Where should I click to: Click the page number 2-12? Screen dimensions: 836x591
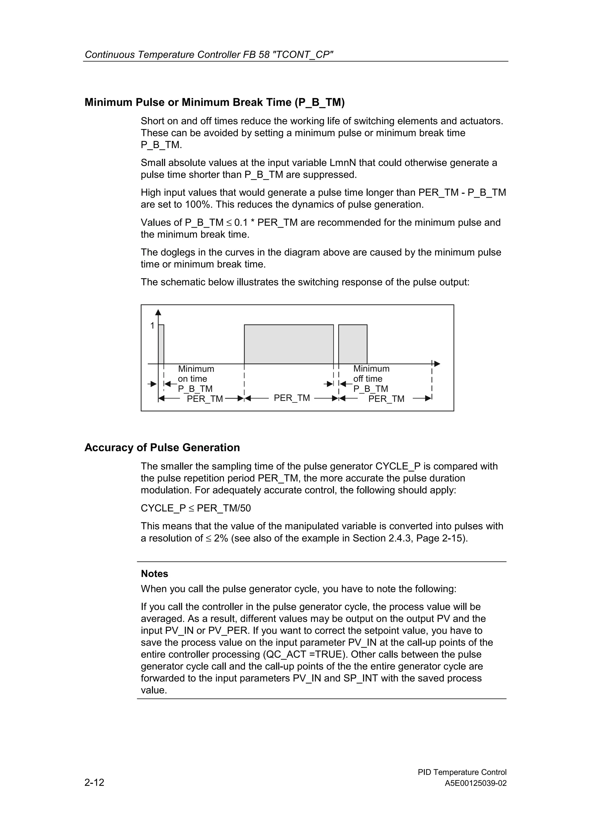point(94,782)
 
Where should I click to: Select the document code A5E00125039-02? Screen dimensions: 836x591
point(476,783)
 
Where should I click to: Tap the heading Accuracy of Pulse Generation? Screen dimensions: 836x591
point(162,447)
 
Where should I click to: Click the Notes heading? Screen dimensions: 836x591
point(154,573)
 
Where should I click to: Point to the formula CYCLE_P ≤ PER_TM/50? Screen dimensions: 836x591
point(196,508)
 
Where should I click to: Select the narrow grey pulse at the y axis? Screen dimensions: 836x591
point(161,344)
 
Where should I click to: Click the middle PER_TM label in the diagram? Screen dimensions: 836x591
point(292,398)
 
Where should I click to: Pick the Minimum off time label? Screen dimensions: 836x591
point(371,374)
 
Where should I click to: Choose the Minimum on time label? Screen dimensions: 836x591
point(196,374)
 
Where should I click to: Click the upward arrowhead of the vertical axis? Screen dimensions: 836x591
point(158,312)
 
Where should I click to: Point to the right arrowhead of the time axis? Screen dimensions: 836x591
point(437,364)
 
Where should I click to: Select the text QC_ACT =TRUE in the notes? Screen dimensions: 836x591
point(303,654)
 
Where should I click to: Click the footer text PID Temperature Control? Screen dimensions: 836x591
point(462,772)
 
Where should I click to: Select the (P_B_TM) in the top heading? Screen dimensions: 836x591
point(319,103)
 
